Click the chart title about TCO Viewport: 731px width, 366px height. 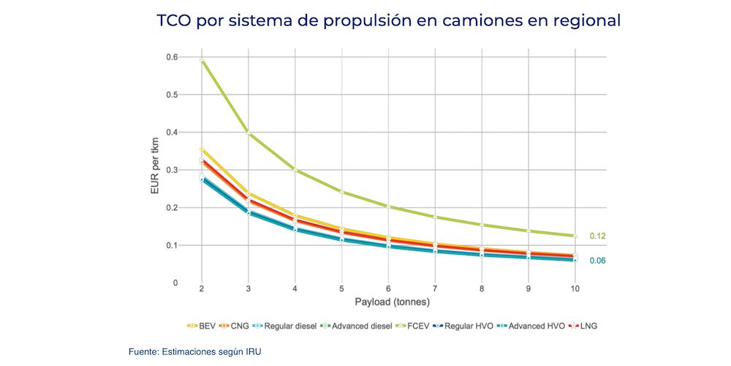[x=388, y=20]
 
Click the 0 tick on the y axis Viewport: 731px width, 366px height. [x=175, y=283]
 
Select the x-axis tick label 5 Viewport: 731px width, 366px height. [x=341, y=289]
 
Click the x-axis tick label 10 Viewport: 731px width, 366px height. [x=575, y=289]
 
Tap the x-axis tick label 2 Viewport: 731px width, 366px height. [x=202, y=289]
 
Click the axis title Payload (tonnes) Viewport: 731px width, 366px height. [x=389, y=302]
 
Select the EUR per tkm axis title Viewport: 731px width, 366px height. [x=154, y=170]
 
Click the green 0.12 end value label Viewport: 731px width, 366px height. [x=597, y=236]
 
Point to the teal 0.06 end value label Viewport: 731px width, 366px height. [x=597, y=261]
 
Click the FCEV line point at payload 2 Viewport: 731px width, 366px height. [x=202, y=61]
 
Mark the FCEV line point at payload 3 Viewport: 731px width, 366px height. [x=249, y=132]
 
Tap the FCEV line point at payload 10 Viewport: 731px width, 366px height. [x=575, y=236]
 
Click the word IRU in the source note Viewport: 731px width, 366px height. [x=251, y=351]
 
